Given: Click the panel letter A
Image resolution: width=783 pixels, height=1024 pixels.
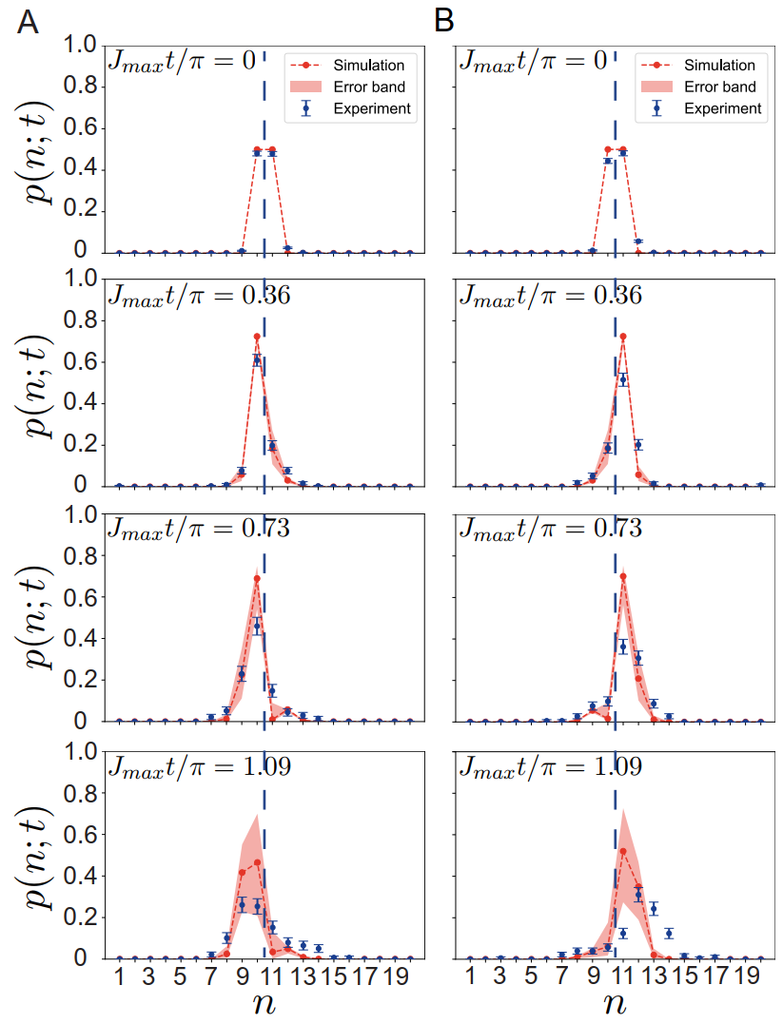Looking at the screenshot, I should pos(29,21).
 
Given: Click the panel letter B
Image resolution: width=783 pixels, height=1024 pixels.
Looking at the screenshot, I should pos(445,21).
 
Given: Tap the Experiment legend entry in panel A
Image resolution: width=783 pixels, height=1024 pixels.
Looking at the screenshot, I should pos(371,108).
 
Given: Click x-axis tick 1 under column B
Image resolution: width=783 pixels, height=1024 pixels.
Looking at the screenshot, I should pos(470,978).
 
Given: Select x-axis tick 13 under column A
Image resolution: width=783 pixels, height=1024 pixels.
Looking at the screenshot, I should pos(303,978).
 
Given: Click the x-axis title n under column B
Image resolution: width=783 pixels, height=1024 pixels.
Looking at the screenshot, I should pos(615,1006).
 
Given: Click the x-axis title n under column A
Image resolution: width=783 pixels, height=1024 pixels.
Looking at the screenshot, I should pos(264,1006).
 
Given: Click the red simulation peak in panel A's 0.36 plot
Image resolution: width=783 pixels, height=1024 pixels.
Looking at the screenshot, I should pos(257,337).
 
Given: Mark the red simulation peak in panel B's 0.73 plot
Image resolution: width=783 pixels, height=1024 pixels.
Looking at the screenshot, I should pos(623,576).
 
